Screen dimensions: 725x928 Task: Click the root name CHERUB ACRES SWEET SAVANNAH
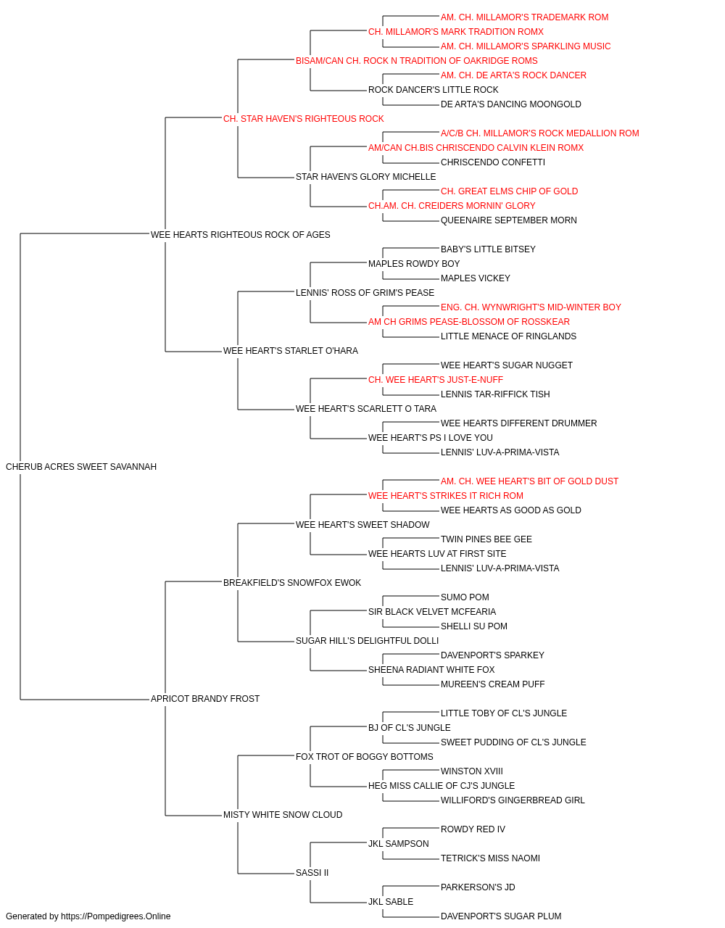tap(81, 467)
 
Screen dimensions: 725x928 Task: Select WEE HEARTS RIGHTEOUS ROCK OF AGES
tap(241, 235)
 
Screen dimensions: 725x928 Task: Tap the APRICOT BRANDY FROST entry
tap(205, 699)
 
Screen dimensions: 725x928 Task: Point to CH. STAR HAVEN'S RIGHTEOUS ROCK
tap(304, 119)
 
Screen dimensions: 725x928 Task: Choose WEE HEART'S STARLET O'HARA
tap(290, 351)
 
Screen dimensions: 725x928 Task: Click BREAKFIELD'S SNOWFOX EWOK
tap(292, 583)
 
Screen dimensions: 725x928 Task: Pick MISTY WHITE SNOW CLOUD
tap(283, 815)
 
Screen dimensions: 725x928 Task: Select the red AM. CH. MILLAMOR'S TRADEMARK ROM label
tap(524, 17)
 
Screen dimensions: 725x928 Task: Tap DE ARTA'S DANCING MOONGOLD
tap(510, 104)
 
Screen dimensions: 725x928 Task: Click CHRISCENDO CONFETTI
tap(493, 162)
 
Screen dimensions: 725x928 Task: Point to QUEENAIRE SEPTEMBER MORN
tap(508, 220)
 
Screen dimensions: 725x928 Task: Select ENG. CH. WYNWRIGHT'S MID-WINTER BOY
tap(531, 307)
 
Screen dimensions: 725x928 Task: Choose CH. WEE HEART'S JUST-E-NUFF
tap(436, 380)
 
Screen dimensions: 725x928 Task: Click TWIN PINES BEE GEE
tap(486, 539)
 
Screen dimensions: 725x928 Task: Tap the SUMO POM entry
tap(465, 597)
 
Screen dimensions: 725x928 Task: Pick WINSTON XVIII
tap(472, 771)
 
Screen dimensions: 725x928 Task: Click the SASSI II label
tap(312, 873)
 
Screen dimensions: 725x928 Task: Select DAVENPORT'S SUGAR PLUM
tap(501, 916)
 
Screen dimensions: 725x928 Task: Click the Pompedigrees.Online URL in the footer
tap(116, 916)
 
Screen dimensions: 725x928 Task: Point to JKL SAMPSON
tap(398, 844)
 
